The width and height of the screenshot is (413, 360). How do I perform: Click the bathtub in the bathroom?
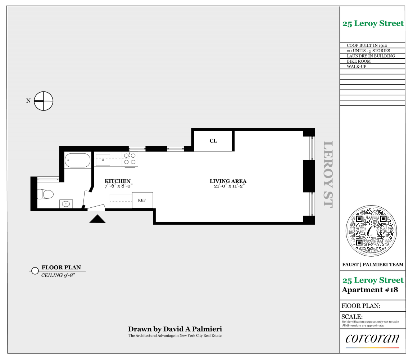pos(77,160)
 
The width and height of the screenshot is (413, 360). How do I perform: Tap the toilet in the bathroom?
pos(46,194)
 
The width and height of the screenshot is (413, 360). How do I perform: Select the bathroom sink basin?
pos(66,204)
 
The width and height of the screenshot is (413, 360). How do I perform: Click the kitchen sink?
pos(103,159)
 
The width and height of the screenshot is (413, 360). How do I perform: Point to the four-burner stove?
pos(130,159)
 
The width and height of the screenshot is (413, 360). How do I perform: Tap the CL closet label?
pos(213,141)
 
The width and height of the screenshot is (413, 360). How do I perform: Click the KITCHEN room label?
pos(117,181)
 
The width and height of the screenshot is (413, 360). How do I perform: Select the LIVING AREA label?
pos(228,181)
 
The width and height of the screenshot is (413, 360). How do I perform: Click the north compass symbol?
pos(44,101)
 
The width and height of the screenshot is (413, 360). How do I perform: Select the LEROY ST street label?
pos(328,174)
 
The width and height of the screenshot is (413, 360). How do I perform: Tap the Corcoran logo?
pos(372,338)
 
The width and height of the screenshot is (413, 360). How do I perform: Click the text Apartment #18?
pos(370,290)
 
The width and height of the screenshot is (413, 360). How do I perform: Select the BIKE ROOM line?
pos(359,61)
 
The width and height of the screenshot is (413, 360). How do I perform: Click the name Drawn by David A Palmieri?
pos(175,329)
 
